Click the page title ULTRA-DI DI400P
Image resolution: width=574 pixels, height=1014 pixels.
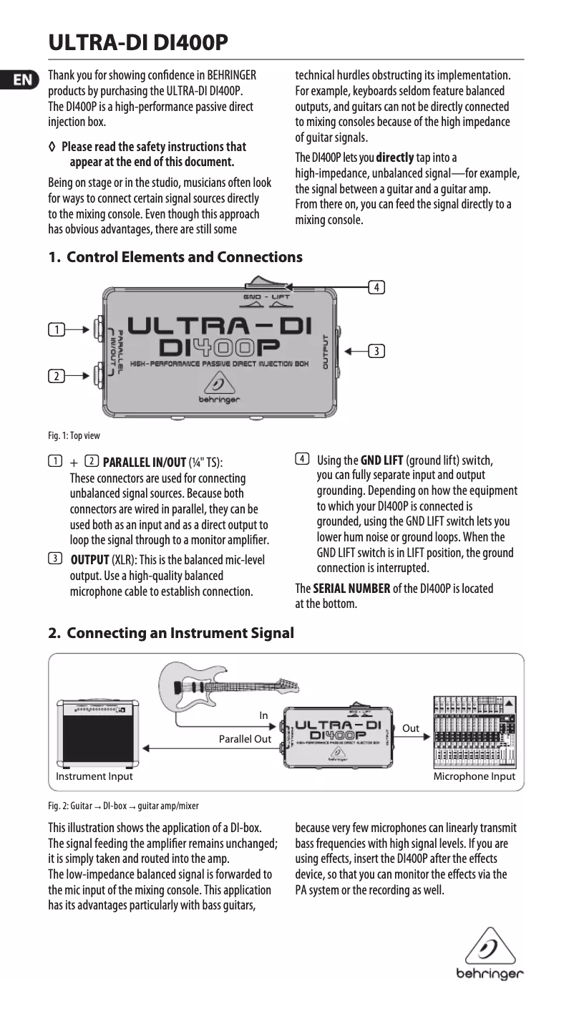tap(138, 43)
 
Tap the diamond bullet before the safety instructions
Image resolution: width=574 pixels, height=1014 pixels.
tap(51, 147)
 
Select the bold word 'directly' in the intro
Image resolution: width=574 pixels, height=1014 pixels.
tap(395, 158)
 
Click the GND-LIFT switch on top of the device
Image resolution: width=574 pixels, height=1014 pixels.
tap(262, 284)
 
